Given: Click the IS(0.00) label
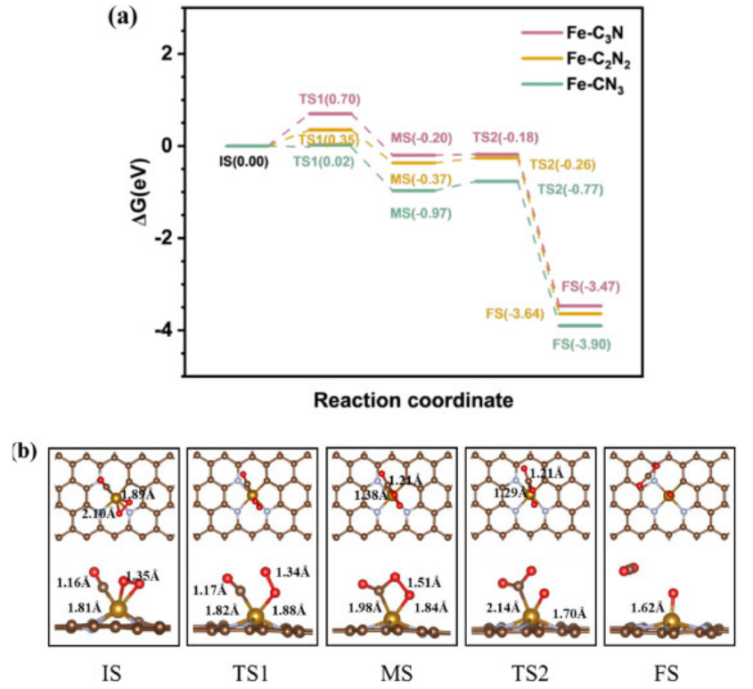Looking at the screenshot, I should coord(242,162).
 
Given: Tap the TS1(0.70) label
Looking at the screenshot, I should coord(331,100).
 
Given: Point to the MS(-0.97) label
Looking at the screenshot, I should coord(420,213).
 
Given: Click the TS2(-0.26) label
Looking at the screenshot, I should coord(562,165).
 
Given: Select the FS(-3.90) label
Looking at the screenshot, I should coord(583,344).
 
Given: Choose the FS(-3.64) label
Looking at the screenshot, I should coord(515,314).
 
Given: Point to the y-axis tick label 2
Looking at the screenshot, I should coord(167,53).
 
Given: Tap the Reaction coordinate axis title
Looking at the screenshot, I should coord(413,400).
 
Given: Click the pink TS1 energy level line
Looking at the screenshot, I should coord(331,113).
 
